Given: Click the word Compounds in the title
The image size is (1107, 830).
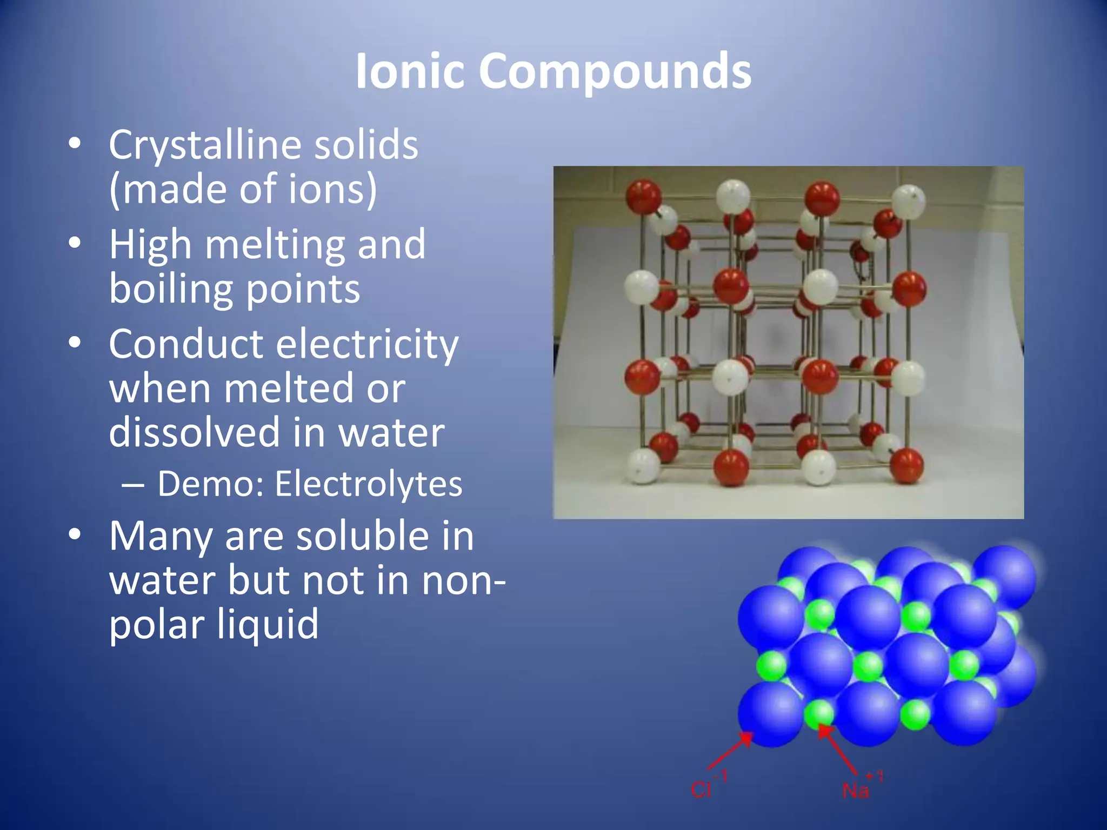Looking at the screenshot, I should point(615,72).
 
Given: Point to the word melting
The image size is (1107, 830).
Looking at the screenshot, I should point(276,245).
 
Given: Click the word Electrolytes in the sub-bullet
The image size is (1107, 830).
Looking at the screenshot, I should point(369,483).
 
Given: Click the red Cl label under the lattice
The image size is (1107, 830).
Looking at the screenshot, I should point(702,790).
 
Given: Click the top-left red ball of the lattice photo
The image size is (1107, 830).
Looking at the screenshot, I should point(643,197).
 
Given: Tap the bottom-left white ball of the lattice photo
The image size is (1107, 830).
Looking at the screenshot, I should point(643,465).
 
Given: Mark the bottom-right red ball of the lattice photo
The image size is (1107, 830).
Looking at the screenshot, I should point(906,465).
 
